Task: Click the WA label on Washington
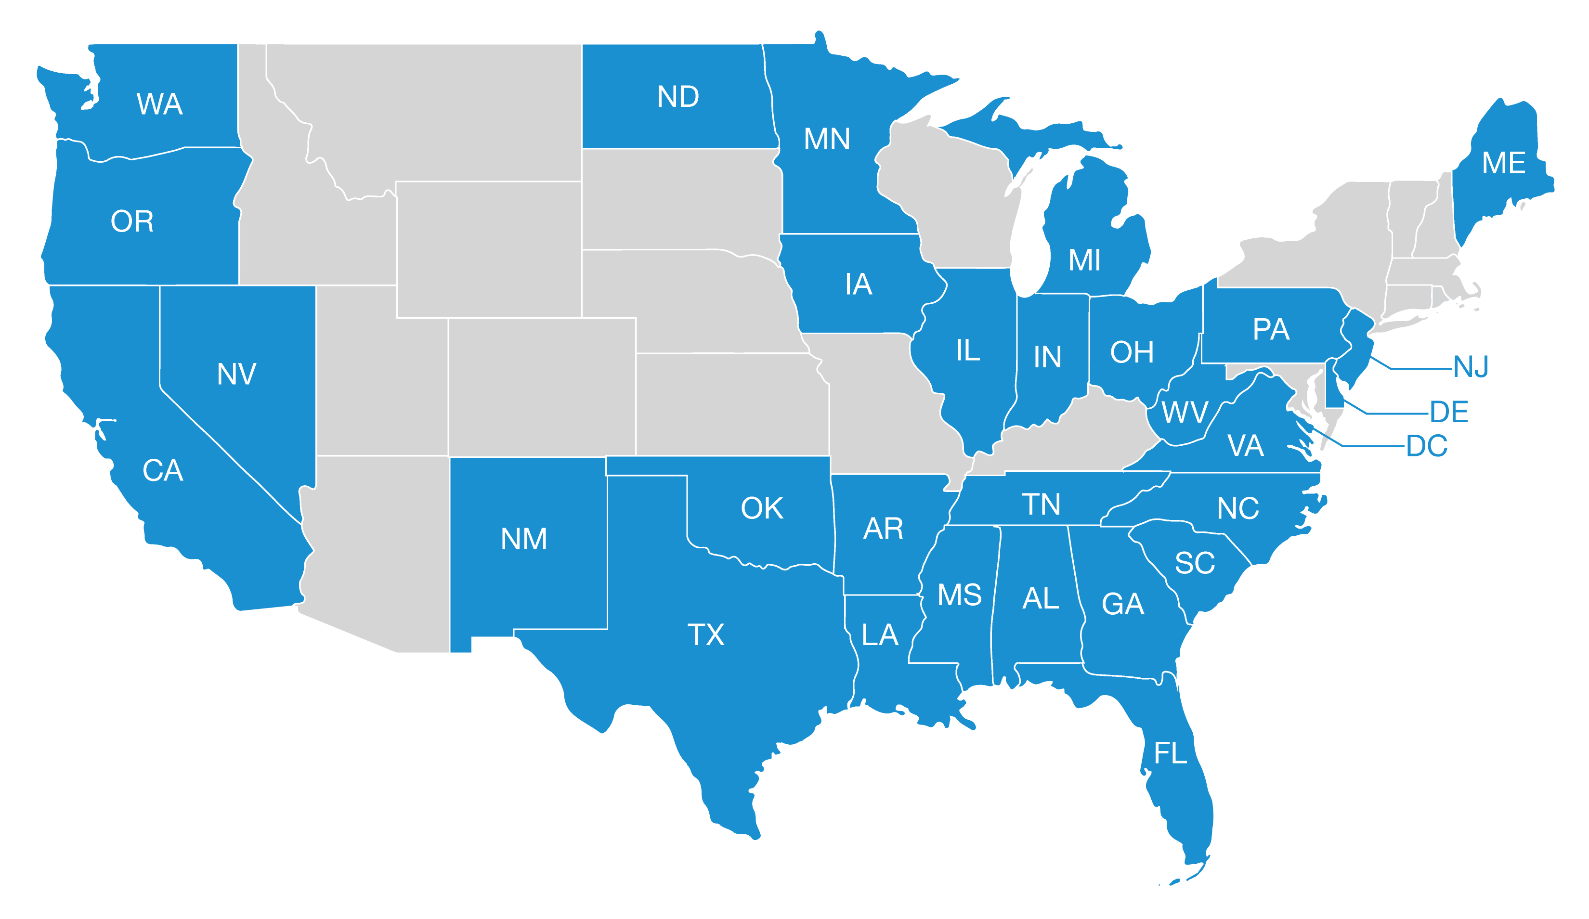click(x=159, y=104)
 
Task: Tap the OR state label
click(x=132, y=221)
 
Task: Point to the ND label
click(x=678, y=96)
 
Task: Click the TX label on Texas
click(x=705, y=634)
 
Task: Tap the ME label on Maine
click(x=1503, y=163)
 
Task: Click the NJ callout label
click(x=1471, y=366)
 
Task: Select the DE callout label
click(x=1449, y=412)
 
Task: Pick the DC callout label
click(x=1426, y=446)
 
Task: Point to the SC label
click(x=1194, y=563)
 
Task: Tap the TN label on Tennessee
click(x=1041, y=504)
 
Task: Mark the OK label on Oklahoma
click(x=762, y=508)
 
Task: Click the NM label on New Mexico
click(x=523, y=539)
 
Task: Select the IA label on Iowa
click(x=858, y=285)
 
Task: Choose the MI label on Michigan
click(x=1084, y=259)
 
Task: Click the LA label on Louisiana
click(x=880, y=634)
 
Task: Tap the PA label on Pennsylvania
click(x=1271, y=329)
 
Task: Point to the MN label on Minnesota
click(x=827, y=139)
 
